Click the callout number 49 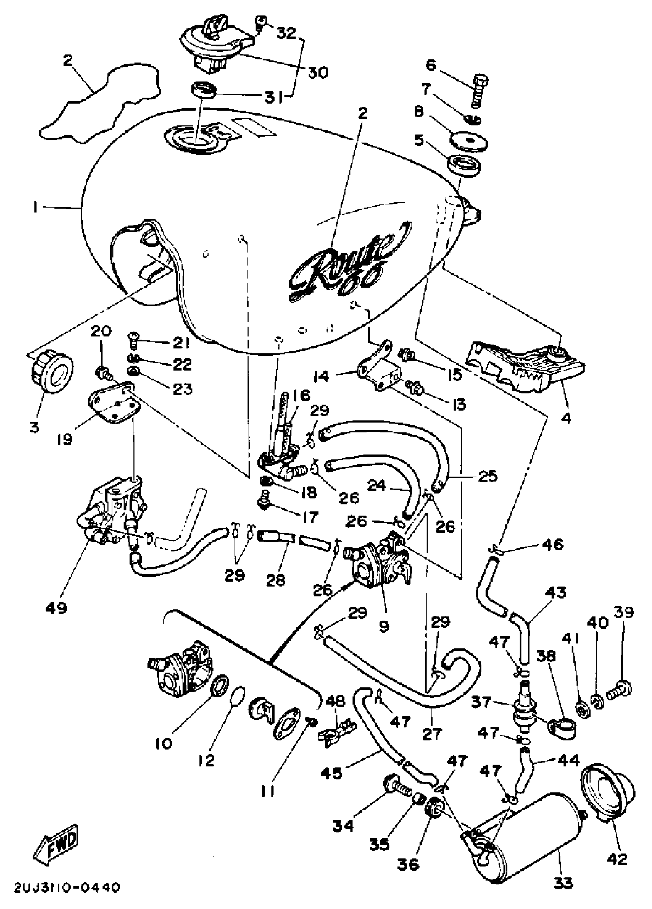(x=56, y=608)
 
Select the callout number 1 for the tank (x=35, y=208)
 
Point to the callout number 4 (x=566, y=418)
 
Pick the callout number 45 (x=332, y=773)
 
